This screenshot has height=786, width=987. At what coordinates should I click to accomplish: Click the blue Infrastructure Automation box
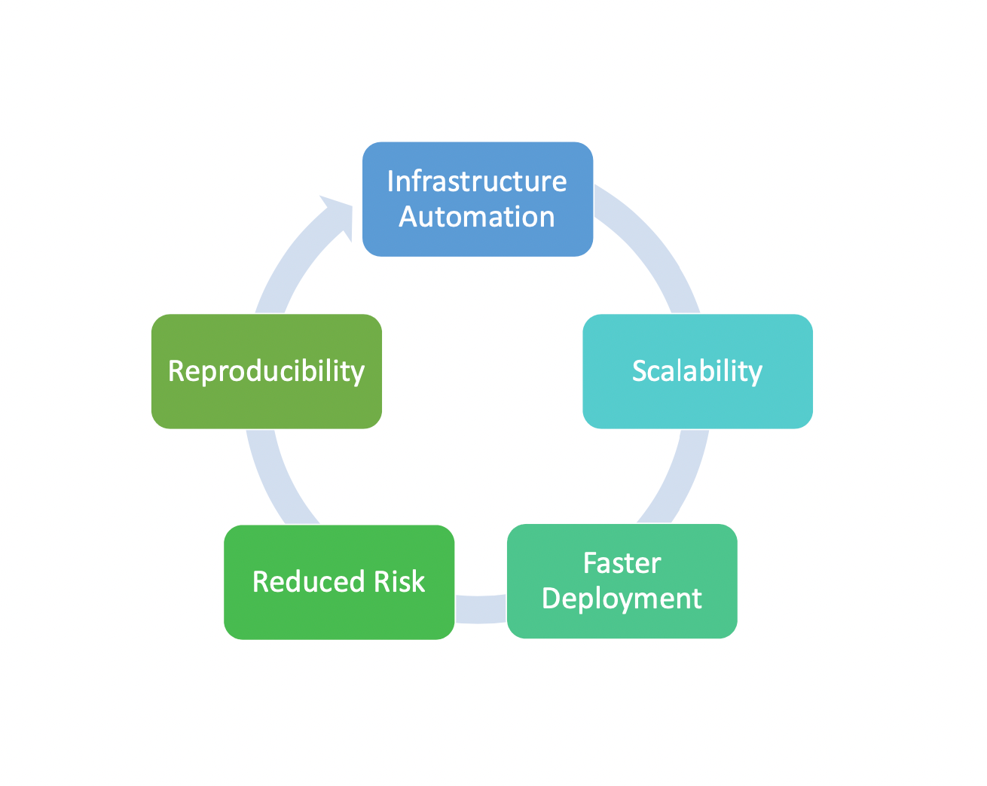point(478,199)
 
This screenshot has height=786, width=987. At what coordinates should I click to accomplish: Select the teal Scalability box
point(698,371)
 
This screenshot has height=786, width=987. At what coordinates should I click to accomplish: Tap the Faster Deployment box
point(622,580)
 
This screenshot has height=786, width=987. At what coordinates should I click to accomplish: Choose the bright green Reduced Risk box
point(339,581)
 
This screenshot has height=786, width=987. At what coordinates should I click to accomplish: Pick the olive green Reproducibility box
point(267,371)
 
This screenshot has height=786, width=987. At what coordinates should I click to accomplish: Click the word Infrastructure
point(477,181)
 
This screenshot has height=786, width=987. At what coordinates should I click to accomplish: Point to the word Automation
point(477,216)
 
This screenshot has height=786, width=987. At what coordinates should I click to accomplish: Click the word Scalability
point(697,371)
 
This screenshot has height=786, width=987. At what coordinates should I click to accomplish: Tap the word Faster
point(622,563)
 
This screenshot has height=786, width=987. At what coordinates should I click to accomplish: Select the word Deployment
point(622,599)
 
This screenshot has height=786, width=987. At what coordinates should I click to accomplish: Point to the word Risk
point(399,581)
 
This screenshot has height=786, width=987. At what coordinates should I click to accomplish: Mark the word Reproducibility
point(266,371)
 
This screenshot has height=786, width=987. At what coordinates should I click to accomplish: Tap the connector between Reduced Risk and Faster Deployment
point(481,609)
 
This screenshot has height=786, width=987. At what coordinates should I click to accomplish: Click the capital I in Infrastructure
point(390,181)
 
